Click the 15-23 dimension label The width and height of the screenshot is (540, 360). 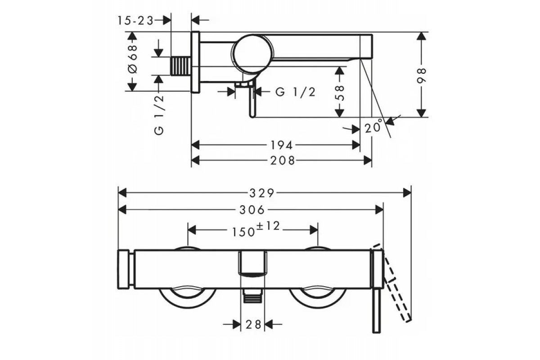point(135,21)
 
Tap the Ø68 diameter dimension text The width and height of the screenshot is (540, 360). point(133,59)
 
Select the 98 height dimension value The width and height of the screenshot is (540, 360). point(421,76)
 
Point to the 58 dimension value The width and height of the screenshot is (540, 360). point(339,93)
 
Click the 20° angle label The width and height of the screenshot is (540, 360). point(373,126)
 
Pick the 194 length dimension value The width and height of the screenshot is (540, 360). point(282,145)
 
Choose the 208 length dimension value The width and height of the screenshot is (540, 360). point(283,161)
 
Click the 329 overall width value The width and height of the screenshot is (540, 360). point(262,193)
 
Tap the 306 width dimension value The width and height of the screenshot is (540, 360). point(252,210)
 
